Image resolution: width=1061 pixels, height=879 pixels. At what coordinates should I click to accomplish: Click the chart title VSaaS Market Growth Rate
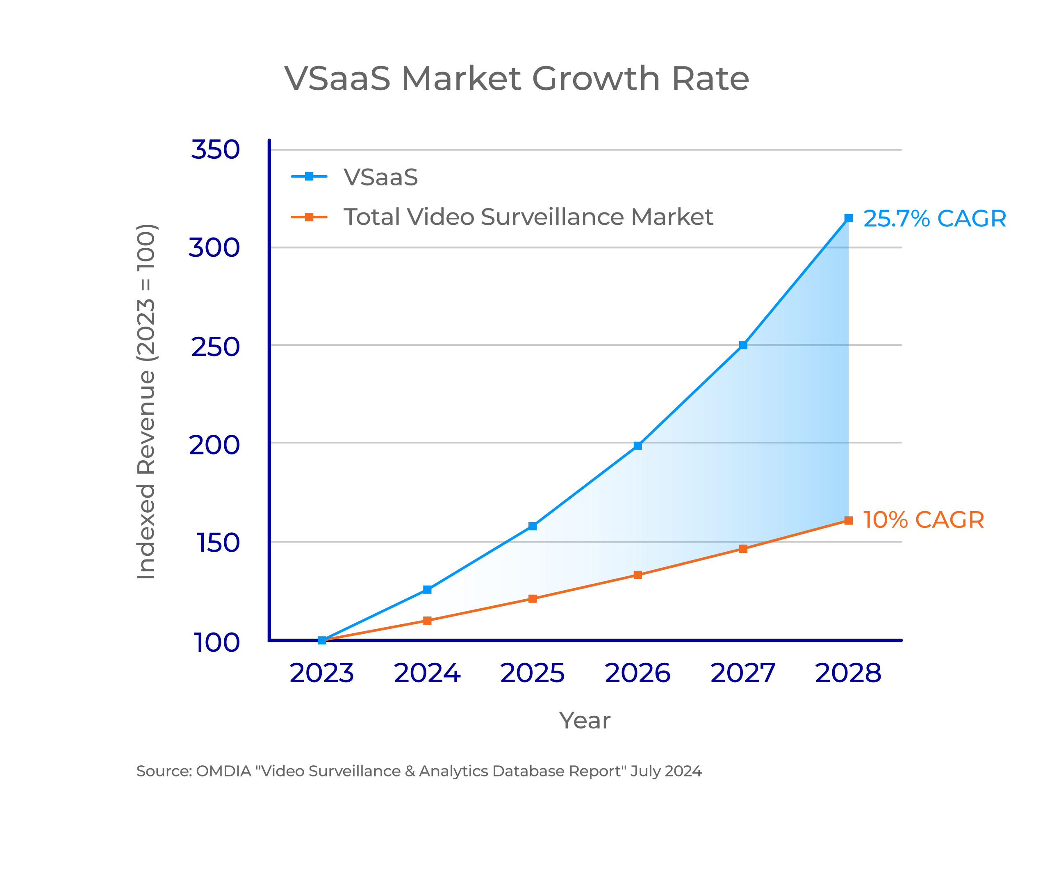pyautogui.click(x=516, y=79)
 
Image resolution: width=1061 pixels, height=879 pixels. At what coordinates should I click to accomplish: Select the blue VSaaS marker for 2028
pyautogui.click(x=848, y=218)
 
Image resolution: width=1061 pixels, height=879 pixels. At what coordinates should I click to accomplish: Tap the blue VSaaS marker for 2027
pyautogui.click(x=743, y=345)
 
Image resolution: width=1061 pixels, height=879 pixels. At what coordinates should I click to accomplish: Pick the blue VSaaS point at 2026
pyautogui.click(x=638, y=446)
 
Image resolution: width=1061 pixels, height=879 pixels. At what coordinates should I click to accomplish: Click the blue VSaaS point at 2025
pyautogui.click(x=533, y=526)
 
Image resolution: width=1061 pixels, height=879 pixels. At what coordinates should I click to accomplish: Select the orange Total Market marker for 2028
pyautogui.click(x=848, y=521)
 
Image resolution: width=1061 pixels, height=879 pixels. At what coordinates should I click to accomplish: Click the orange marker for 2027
pyautogui.click(x=743, y=549)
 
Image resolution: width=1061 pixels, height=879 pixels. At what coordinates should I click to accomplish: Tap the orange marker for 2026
pyautogui.click(x=638, y=575)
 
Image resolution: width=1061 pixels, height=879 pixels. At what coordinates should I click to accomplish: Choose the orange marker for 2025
pyautogui.click(x=533, y=599)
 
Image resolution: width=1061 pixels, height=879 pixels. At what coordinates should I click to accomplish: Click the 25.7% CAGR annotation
pyautogui.click(x=935, y=219)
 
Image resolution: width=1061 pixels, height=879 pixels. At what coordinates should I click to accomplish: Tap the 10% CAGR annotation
pyautogui.click(x=924, y=520)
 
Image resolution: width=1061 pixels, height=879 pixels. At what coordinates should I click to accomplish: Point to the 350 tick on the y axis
pyautogui.click(x=215, y=150)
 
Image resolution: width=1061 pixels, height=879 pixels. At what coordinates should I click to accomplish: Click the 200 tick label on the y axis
pyautogui.click(x=214, y=445)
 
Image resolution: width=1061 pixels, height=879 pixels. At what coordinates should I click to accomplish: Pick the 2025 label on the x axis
pyautogui.click(x=533, y=673)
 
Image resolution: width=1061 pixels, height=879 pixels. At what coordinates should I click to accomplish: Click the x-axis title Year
pyautogui.click(x=585, y=721)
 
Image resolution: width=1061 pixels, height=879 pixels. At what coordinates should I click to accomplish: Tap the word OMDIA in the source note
pyautogui.click(x=223, y=772)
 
